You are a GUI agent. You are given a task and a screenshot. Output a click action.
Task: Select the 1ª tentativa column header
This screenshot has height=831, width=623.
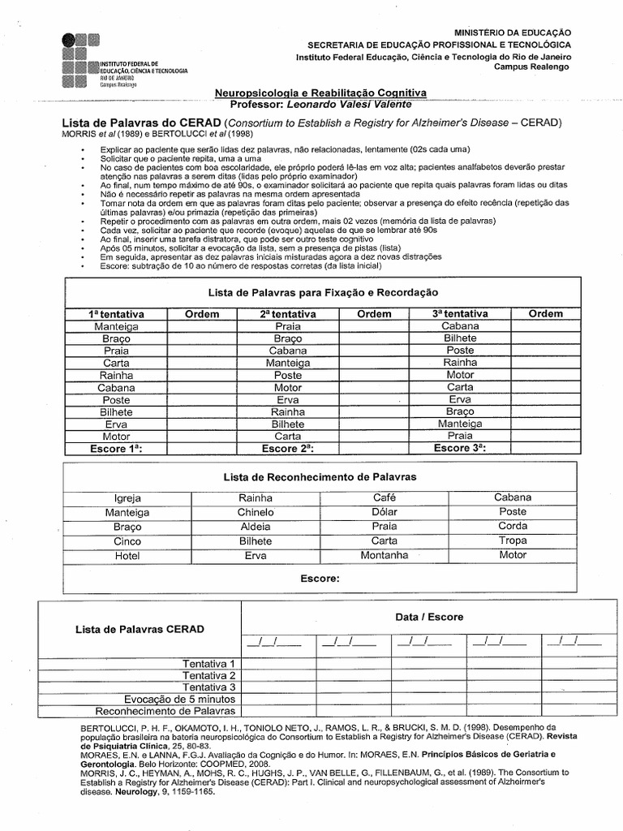(x=116, y=313)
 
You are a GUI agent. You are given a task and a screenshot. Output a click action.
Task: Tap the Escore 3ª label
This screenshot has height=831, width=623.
(x=460, y=448)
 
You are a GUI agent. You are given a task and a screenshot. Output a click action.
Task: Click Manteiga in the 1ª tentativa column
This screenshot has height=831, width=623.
(x=116, y=326)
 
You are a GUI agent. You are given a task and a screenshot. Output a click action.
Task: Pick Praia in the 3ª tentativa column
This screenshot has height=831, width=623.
(x=460, y=436)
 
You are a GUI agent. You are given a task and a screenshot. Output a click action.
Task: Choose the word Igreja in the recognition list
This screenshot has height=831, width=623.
(x=127, y=497)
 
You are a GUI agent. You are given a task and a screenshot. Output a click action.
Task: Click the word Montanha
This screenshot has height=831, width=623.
(x=385, y=556)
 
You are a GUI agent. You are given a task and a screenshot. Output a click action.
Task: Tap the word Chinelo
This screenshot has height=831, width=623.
(x=256, y=512)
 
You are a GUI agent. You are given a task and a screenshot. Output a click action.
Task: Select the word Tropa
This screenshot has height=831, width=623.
(x=513, y=540)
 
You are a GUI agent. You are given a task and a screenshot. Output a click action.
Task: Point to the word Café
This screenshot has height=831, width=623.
(x=385, y=497)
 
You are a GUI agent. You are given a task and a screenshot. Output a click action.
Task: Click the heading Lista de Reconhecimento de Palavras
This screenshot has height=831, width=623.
(x=320, y=477)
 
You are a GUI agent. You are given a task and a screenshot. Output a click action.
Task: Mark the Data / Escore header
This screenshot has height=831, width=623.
(x=429, y=617)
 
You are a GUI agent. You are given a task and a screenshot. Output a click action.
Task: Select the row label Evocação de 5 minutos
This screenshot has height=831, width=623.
(x=179, y=699)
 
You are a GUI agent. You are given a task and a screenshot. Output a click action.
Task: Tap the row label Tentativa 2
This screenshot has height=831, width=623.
(x=208, y=675)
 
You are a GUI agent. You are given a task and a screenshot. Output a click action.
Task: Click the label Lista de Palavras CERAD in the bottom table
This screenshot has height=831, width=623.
(x=140, y=629)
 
